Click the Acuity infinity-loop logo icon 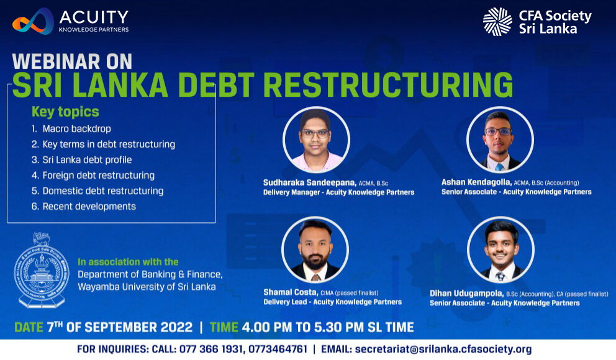point(33,22)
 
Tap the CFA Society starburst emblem point(497,22)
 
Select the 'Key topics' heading point(65,112)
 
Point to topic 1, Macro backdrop point(71,128)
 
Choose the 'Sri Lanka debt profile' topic point(82,160)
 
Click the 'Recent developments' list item point(84,207)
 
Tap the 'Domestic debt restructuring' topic point(97,191)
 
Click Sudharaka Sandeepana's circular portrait point(316,140)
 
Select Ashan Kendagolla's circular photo point(500,140)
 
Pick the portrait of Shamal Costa point(315,250)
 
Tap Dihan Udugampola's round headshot point(500,250)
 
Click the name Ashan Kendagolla point(476,182)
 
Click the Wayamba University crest point(41,270)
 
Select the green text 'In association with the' point(128,262)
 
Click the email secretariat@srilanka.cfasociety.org point(443,349)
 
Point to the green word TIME point(224,327)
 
